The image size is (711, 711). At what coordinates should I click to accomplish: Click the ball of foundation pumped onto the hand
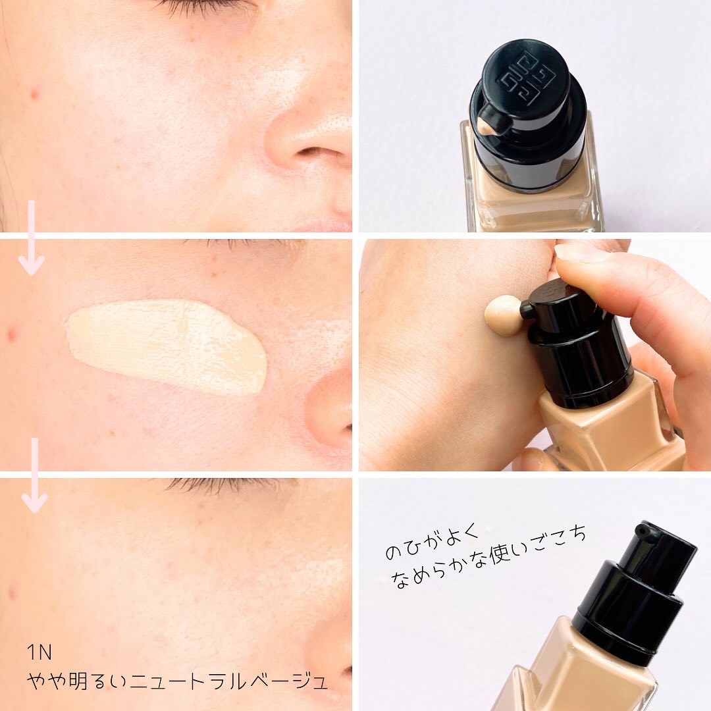coord(502,314)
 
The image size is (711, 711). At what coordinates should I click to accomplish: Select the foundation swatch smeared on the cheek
coord(168,345)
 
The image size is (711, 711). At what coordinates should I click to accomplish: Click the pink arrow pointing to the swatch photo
coord(31,238)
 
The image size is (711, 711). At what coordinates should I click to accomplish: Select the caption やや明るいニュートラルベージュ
coord(176,681)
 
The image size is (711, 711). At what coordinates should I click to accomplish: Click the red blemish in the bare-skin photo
coord(35,94)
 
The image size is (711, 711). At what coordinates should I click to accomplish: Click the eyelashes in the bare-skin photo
coord(197,6)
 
